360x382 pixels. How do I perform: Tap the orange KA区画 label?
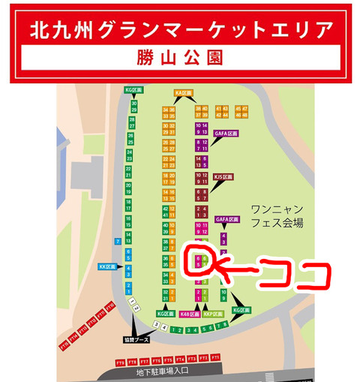[x=184, y=94]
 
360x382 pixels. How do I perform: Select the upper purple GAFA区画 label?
[x=226, y=133]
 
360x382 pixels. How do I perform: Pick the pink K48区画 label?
[x=189, y=314]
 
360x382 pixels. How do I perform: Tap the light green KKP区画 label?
[x=214, y=314]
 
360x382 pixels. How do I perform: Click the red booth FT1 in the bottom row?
[x=215, y=359]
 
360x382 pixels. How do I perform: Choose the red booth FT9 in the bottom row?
[x=120, y=363]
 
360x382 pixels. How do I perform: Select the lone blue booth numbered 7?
[x=118, y=242]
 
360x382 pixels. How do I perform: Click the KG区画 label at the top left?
[x=133, y=89]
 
